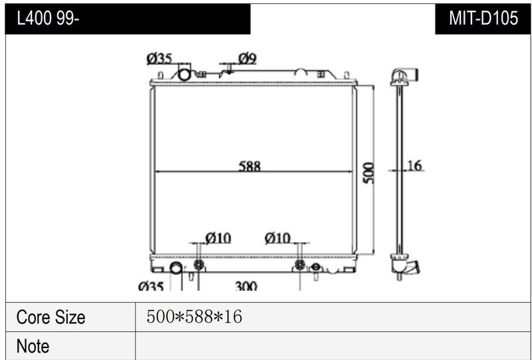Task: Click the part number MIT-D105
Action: coord(483,18)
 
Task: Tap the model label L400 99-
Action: coord(48,19)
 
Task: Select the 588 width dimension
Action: coord(249,166)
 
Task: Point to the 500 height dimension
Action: coord(368,173)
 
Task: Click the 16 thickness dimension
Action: coord(414,166)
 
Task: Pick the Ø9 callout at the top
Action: coord(247,59)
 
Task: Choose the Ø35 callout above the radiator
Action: coord(159,59)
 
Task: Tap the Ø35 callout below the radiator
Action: coord(151,286)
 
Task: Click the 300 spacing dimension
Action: coord(245,286)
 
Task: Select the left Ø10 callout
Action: coord(218,238)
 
